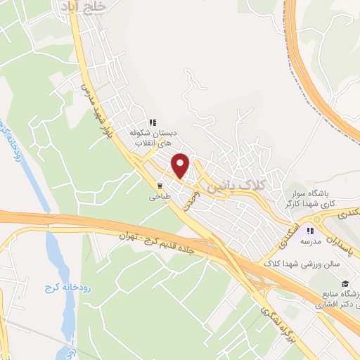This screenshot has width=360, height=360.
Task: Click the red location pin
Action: pos(181,165)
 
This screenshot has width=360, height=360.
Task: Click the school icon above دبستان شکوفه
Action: pos(153,121)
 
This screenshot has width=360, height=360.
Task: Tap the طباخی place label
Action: pos(156,198)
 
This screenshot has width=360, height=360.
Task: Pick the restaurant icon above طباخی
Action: pos(160,186)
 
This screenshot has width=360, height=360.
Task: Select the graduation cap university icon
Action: pos(345,284)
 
